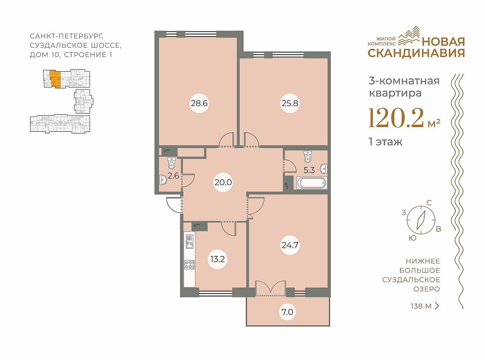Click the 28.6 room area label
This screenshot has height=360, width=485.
tap(199, 103)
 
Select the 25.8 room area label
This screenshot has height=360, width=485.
tap(290, 103)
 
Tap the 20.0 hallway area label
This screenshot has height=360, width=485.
tap(223, 182)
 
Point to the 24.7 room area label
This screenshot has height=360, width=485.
tap(290, 245)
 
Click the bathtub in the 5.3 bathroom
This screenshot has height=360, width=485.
tap(312, 183)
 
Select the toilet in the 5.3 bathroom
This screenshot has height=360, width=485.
tap(307, 157)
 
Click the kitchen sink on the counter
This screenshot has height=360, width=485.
tap(189, 241)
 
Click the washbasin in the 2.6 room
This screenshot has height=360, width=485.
tap(163, 180)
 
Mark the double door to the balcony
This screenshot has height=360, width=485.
tap(270, 288)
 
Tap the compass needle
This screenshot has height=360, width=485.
tap(421, 220)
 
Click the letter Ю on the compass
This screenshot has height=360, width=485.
tap(413, 238)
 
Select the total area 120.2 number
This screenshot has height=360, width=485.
tap(396, 118)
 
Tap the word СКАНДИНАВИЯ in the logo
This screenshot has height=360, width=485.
tap(416, 53)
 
